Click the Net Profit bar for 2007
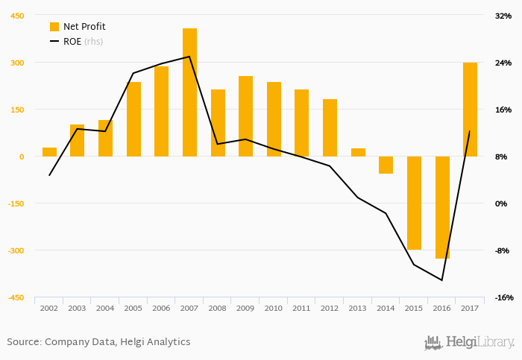coord(189,92)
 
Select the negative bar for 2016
coord(442,207)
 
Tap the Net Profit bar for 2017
coord(470,110)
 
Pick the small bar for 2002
coord(49,152)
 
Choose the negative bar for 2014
coord(386,165)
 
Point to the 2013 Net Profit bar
coord(358,152)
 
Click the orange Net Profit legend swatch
coord(54,27)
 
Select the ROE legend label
coord(72,42)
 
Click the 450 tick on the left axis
coord(16,16)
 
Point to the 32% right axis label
coord(503,16)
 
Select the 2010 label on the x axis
coord(274,308)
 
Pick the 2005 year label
coord(133,308)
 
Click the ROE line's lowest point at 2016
coord(442,280)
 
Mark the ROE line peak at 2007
coord(189,57)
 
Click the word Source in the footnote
coord(23,342)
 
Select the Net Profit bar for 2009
coord(245,116)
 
